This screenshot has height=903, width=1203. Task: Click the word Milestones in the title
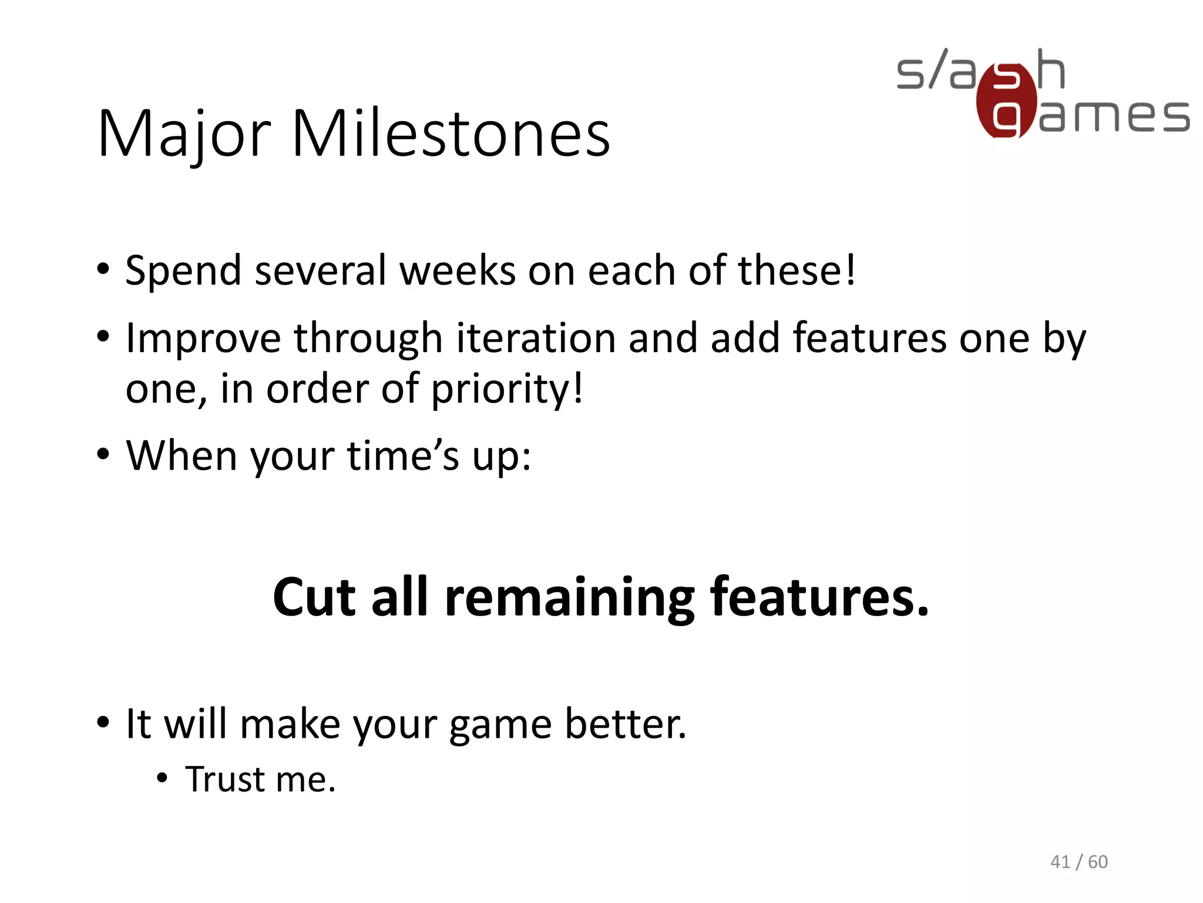[x=451, y=134]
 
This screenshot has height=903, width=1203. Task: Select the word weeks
[x=457, y=270]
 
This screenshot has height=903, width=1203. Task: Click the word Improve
[x=203, y=340]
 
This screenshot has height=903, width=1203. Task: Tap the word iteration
[x=535, y=339]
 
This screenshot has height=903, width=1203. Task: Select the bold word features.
[x=819, y=597]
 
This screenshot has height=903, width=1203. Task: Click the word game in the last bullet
[x=500, y=725]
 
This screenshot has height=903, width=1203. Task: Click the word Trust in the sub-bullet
[x=225, y=780]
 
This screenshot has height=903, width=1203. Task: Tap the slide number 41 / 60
[x=1078, y=862]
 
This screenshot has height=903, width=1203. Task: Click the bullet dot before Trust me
[x=163, y=780]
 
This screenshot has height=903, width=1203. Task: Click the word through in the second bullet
[x=368, y=340]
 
